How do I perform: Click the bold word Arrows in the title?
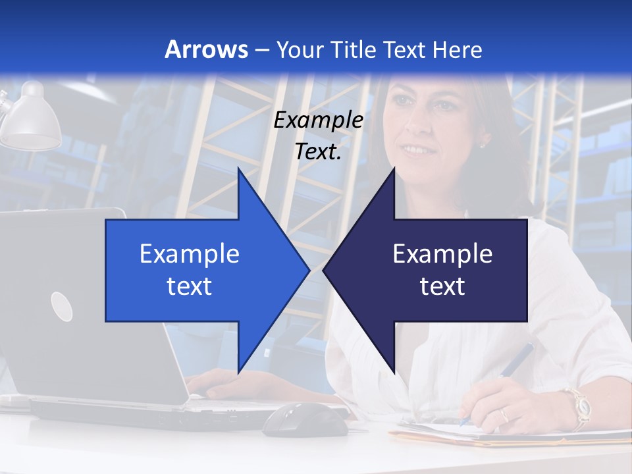point(206,49)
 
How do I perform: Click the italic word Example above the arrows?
point(318,120)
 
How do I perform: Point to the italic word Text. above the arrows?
point(318,151)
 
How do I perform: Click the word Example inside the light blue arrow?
point(190,254)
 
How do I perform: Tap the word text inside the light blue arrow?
point(190,286)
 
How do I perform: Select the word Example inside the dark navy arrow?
point(442,254)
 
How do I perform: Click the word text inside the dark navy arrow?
point(442,286)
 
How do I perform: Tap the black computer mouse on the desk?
point(305,419)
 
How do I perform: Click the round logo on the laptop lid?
point(61,306)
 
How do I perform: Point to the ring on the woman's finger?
point(504,415)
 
